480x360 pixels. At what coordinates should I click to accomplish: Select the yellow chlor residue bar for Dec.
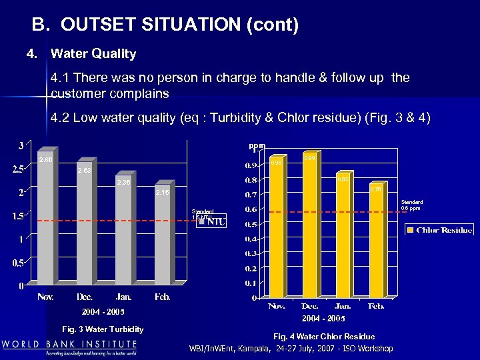click(309, 227)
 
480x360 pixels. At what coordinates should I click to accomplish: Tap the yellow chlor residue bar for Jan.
click(343, 240)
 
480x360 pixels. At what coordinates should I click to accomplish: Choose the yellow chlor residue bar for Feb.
click(376, 243)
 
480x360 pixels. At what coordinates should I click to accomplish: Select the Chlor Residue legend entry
click(439, 230)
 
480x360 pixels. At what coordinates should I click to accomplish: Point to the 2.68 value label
click(45, 160)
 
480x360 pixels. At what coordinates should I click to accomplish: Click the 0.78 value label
click(376, 189)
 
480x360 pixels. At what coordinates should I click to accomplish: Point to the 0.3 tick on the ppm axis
click(251, 253)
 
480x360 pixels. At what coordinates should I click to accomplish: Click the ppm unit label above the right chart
click(257, 145)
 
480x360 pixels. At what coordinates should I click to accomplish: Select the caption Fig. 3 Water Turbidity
click(102, 329)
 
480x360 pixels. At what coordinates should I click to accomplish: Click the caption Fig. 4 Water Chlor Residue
click(324, 337)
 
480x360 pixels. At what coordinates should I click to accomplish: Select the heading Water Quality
click(93, 53)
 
